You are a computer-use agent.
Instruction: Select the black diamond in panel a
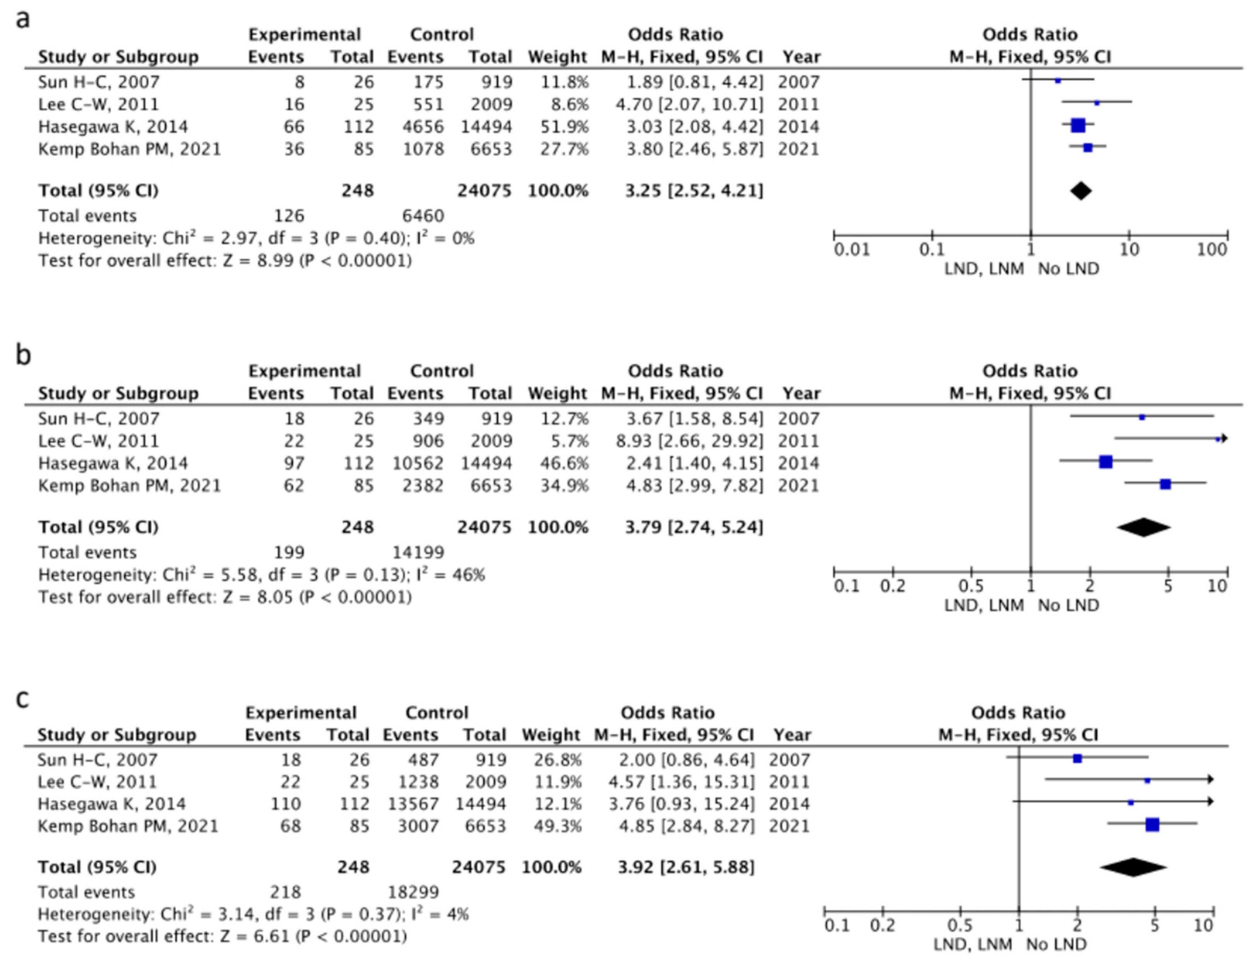[x=1081, y=191]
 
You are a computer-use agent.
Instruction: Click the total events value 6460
[x=423, y=216]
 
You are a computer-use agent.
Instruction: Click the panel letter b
[x=23, y=356]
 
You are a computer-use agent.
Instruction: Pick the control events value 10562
[x=418, y=463]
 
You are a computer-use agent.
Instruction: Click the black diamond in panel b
[x=1143, y=527]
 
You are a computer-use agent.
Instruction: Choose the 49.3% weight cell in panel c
[x=558, y=826]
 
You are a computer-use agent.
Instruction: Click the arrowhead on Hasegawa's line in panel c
[x=1210, y=802]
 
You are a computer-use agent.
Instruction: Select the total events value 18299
[x=413, y=892]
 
